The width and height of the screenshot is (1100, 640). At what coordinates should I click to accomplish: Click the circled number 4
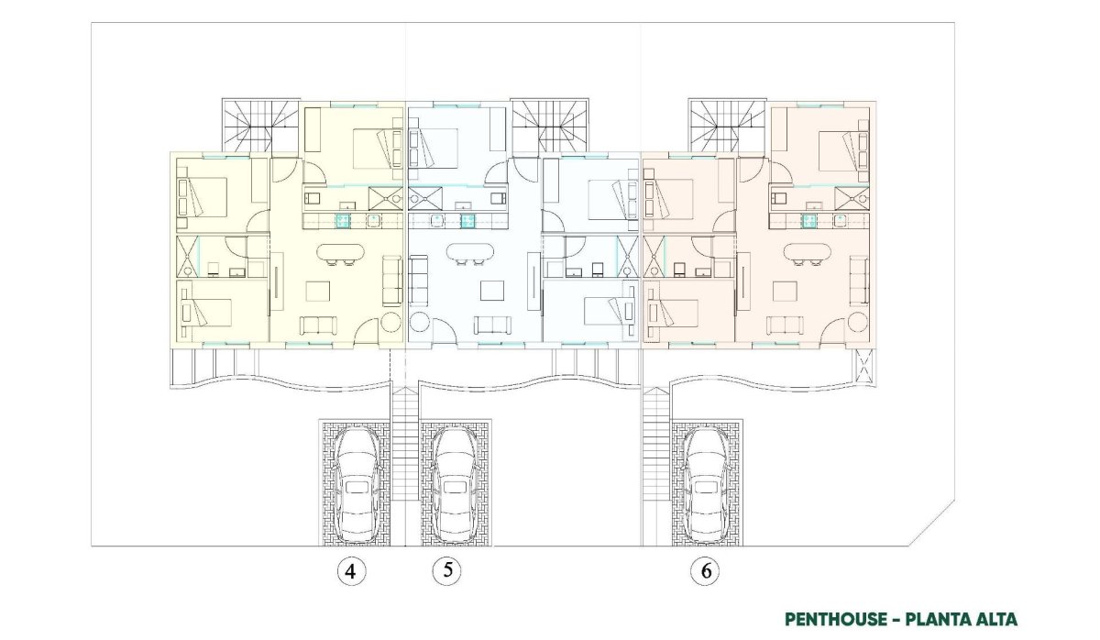pyautogui.click(x=351, y=572)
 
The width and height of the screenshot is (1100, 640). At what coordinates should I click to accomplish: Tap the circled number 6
pyautogui.click(x=705, y=571)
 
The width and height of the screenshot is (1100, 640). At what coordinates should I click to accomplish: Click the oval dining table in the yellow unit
pyautogui.click(x=341, y=253)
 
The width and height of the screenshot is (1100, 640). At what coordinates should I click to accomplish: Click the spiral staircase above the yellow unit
pyautogui.click(x=260, y=125)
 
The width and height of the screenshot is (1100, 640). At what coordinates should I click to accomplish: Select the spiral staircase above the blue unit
pyautogui.click(x=549, y=125)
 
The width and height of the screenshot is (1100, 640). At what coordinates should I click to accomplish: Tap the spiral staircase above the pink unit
pyautogui.click(x=727, y=125)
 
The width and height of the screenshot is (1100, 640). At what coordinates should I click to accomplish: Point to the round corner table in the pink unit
pyautogui.click(x=858, y=323)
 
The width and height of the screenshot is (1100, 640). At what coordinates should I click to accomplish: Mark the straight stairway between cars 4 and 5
pyautogui.click(x=405, y=458)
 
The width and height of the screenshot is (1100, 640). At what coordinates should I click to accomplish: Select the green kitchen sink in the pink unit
pyautogui.click(x=809, y=220)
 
